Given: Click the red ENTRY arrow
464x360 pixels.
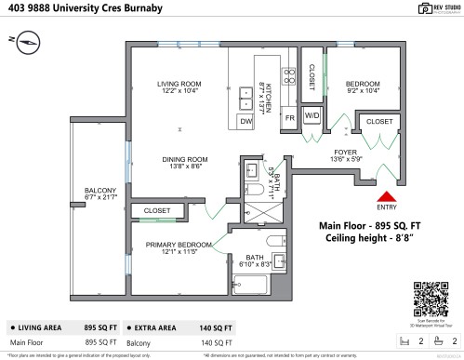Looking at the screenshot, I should [x=383, y=196].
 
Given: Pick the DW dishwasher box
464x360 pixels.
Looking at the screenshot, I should [x=246, y=122].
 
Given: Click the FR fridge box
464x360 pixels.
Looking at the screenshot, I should [x=289, y=117].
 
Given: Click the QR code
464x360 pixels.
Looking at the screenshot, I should [x=430, y=299].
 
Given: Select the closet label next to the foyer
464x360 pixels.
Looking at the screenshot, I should [x=379, y=121].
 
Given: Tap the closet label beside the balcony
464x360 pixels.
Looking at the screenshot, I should [x=157, y=211].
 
